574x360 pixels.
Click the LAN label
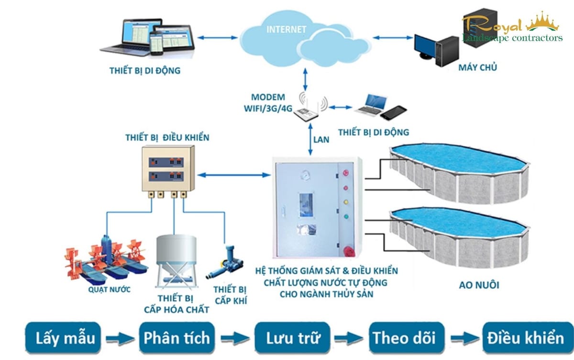pyautogui.click(x=321, y=140)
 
